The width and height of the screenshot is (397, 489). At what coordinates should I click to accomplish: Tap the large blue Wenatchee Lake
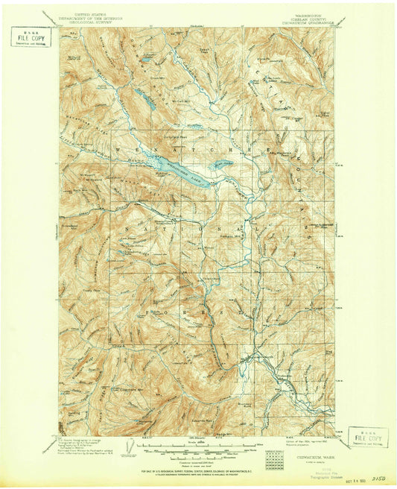[x=186, y=165]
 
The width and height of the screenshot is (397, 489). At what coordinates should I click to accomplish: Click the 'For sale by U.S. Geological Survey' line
[x=198, y=473]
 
